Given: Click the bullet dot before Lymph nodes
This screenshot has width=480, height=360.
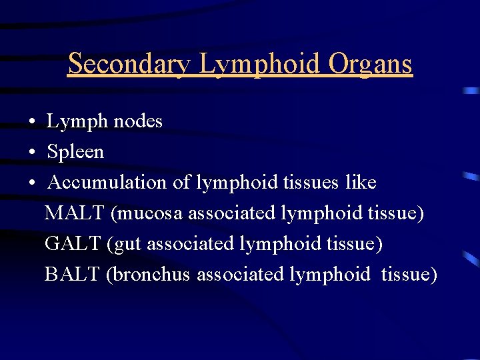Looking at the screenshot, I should click(x=32, y=123).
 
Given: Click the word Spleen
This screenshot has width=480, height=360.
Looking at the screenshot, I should click(x=75, y=152).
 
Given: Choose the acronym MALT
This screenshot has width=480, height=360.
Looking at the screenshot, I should click(x=74, y=213).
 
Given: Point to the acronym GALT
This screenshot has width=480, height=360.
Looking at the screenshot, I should click(x=72, y=244).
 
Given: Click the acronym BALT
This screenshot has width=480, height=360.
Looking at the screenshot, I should click(x=71, y=275).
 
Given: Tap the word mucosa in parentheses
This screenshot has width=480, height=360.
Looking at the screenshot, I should click(x=147, y=213).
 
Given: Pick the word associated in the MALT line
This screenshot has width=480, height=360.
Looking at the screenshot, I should click(x=232, y=213).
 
